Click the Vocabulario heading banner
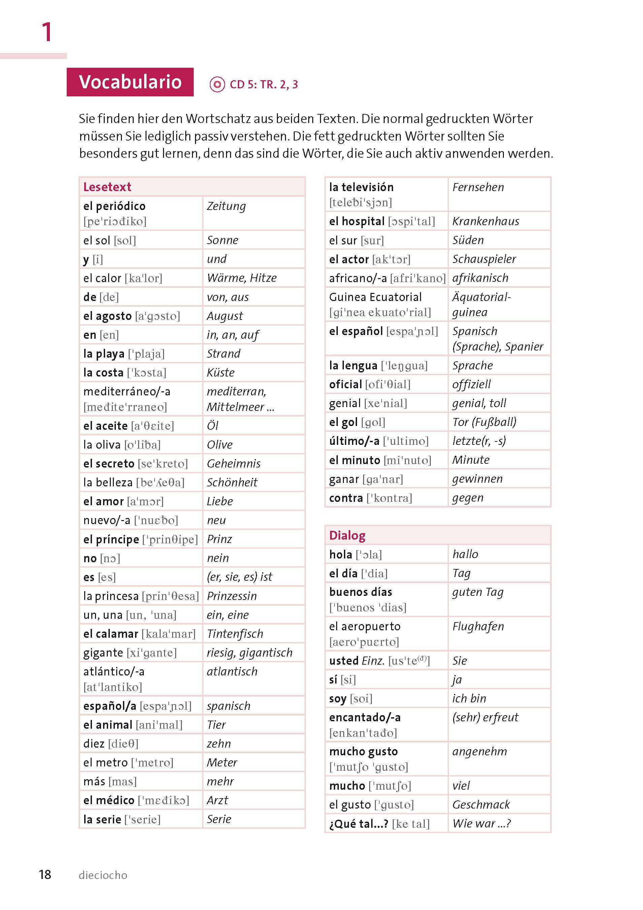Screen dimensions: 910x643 pyautogui.click(x=130, y=82)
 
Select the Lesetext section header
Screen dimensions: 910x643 pyautogui.click(x=107, y=187)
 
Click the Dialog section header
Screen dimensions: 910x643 pyautogui.click(x=347, y=536)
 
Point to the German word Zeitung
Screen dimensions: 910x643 pyautogui.click(x=226, y=206)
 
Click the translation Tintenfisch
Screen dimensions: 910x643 pyautogui.click(x=235, y=634)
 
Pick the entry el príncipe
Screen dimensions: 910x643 pyautogui.click(x=111, y=539)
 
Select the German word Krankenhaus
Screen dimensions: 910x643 pyautogui.click(x=485, y=221)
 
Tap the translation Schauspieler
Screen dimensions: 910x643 pyautogui.click(x=484, y=259)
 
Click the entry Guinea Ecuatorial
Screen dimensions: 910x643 pyautogui.click(x=375, y=297)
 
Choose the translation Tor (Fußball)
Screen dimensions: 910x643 pyautogui.click(x=484, y=422)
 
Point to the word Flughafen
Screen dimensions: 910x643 pyautogui.click(x=478, y=626)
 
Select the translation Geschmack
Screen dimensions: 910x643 pyautogui.click(x=481, y=805)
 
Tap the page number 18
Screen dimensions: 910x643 pyautogui.click(x=45, y=874)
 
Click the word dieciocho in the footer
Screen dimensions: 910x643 pyautogui.click(x=103, y=875)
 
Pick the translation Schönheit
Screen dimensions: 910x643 pyautogui.click(x=232, y=482)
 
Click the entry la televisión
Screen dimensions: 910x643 pyautogui.click(x=361, y=187)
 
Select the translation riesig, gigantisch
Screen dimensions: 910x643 pyautogui.click(x=250, y=653)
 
